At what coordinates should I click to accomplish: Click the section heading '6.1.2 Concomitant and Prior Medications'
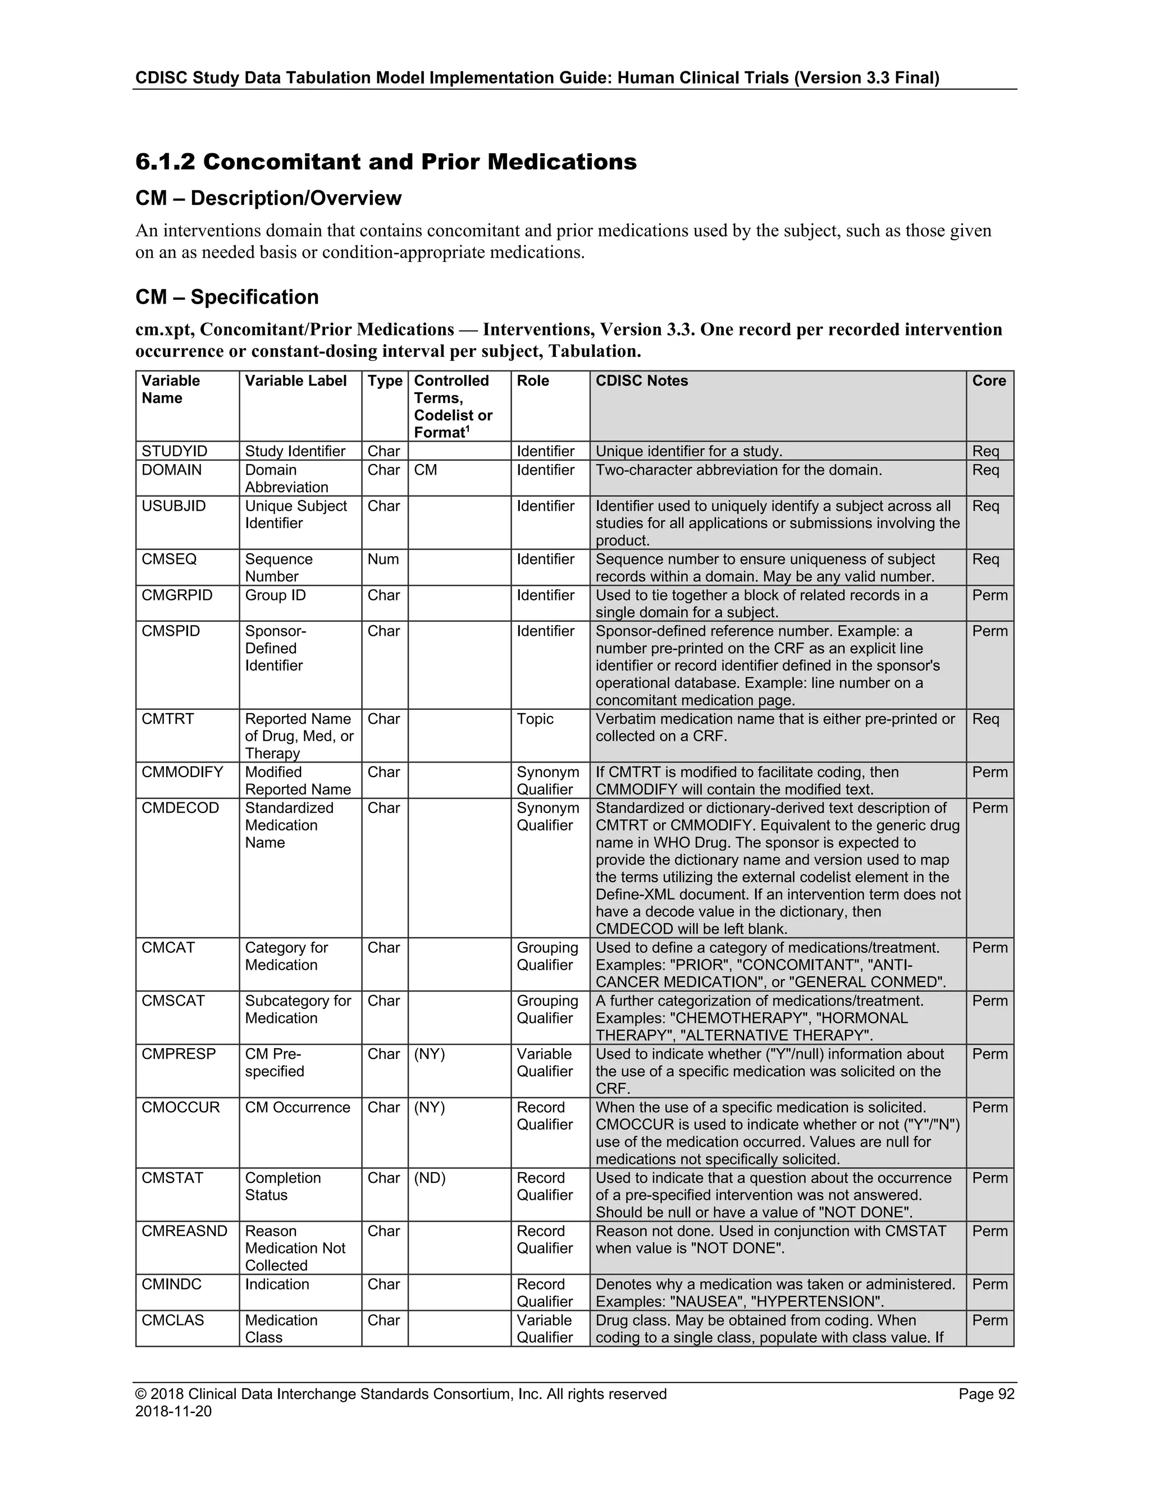386,162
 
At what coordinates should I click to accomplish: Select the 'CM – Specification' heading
227,297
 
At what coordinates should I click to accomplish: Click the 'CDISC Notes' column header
641,380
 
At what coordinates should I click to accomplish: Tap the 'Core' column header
988,380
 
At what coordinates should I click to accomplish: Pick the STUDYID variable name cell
175,451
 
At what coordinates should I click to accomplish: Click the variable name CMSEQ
169,559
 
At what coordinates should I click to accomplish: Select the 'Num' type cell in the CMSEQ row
383,559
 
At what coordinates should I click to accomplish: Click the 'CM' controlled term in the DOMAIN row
426,470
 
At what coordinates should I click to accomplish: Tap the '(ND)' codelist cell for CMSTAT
430,1178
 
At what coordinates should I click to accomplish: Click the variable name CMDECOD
181,808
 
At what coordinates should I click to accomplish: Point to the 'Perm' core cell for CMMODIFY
989,772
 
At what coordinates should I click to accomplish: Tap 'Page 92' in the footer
986,1394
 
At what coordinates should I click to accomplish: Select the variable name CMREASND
185,1231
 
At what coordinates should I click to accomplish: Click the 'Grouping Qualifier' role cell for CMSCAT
547,1009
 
